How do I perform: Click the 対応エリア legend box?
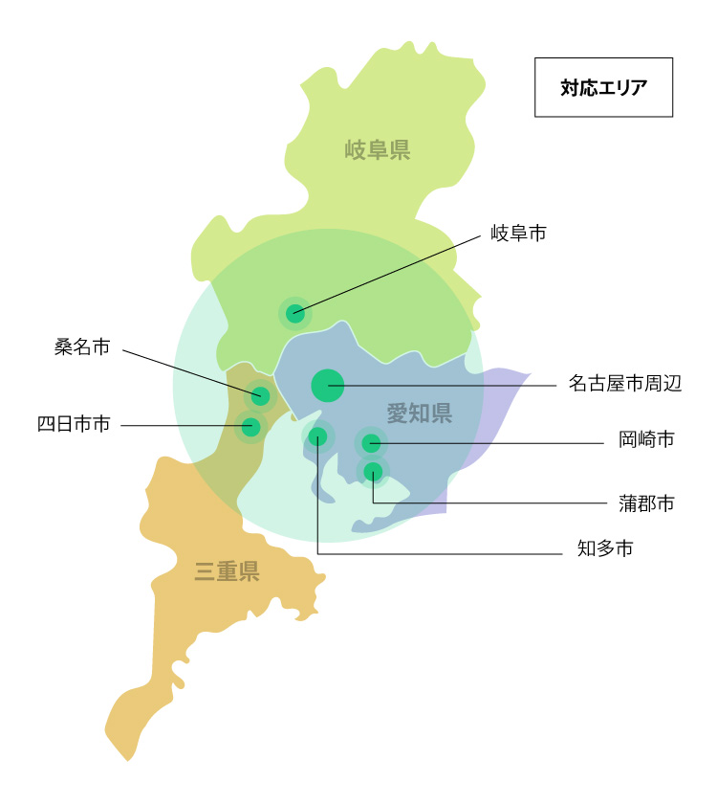pos(603,88)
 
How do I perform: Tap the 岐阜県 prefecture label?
pos(378,149)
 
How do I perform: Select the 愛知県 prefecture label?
pos(419,413)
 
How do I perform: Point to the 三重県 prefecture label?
pos(228,572)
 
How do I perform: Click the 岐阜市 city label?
pos(518,233)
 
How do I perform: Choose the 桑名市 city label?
pos(82,347)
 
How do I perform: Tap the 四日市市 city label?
pos(74,424)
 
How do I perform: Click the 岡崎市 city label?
pos(646,439)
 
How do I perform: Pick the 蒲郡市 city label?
pos(646,502)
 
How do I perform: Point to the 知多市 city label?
pos(605,548)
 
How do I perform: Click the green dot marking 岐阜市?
pos(295,313)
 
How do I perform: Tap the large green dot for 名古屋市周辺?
pos(327,385)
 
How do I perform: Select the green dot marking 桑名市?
pos(260,395)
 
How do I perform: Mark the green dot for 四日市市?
pos(250,426)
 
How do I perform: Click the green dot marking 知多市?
pos(318,437)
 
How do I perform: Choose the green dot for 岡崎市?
pos(371,442)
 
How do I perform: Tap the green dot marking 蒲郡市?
pos(373,471)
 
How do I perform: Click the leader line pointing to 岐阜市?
pos(392,273)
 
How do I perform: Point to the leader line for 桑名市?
pos(191,371)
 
